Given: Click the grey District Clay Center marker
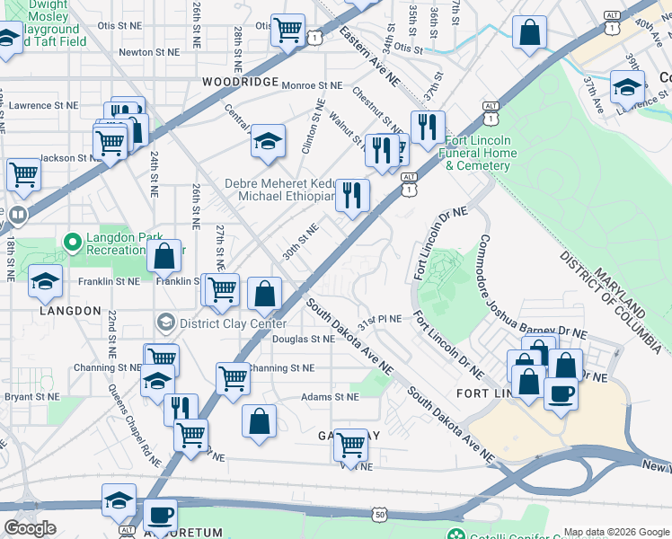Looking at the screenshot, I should pyautogui.click(x=164, y=322).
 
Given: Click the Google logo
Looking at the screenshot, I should pyautogui.click(x=30, y=528).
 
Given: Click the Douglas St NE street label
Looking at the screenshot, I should pyautogui.click(x=304, y=340).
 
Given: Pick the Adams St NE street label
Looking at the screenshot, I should pyautogui.click(x=330, y=396).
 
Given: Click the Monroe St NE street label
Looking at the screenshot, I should pyautogui.click(x=313, y=85).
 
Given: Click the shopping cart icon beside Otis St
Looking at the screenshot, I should pyautogui.click(x=287, y=29).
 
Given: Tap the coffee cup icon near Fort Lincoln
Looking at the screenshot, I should pyautogui.click(x=561, y=393).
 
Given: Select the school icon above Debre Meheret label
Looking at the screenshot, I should pyautogui.click(x=267, y=141).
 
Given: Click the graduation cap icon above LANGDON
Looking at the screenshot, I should pyautogui.click(x=45, y=282).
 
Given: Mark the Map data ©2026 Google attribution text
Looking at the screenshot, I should pyautogui.click(x=615, y=531).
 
